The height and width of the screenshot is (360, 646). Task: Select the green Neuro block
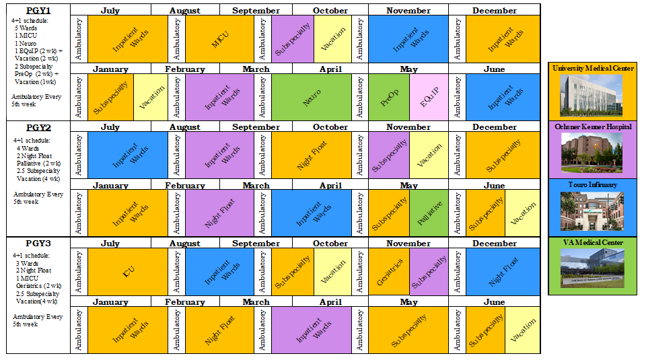pyautogui.click(x=312, y=97)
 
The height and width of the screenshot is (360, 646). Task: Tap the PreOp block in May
pyautogui.click(x=388, y=97)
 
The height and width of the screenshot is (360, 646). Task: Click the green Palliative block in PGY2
pyautogui.click(x=429, y=213)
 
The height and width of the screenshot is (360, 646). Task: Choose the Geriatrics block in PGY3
pyautogui.click(x=388, y=272)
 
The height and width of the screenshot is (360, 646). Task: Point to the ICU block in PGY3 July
pyautogui.click(x=128, y=272)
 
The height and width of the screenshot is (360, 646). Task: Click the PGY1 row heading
pyautogui.click(x=38, y=11)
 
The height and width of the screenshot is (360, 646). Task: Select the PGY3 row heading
pyautogui.click(x=38, y=244)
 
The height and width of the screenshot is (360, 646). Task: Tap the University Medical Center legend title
pyautogui.click(x=593, y=69)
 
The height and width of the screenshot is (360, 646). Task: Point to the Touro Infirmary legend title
pyautogui.click(x=593, y=184)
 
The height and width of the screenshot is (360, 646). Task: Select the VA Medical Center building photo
pyautogui.click(x=593, y=268)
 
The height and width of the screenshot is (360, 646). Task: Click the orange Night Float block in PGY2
pyautogui.click(x=312, y=155)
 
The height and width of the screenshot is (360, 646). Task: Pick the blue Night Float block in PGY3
pyautogui.click(x=503, y=272)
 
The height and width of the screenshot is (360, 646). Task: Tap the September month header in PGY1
pyautogui.click(x=256, y=11)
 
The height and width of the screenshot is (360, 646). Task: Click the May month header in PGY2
pyautogui.click(x=408, y=186)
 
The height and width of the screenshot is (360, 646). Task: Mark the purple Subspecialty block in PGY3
pyautogui.click(x=429, y=272)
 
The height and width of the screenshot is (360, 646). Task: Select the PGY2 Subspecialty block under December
pyautogui.click(x=503, y=155)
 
